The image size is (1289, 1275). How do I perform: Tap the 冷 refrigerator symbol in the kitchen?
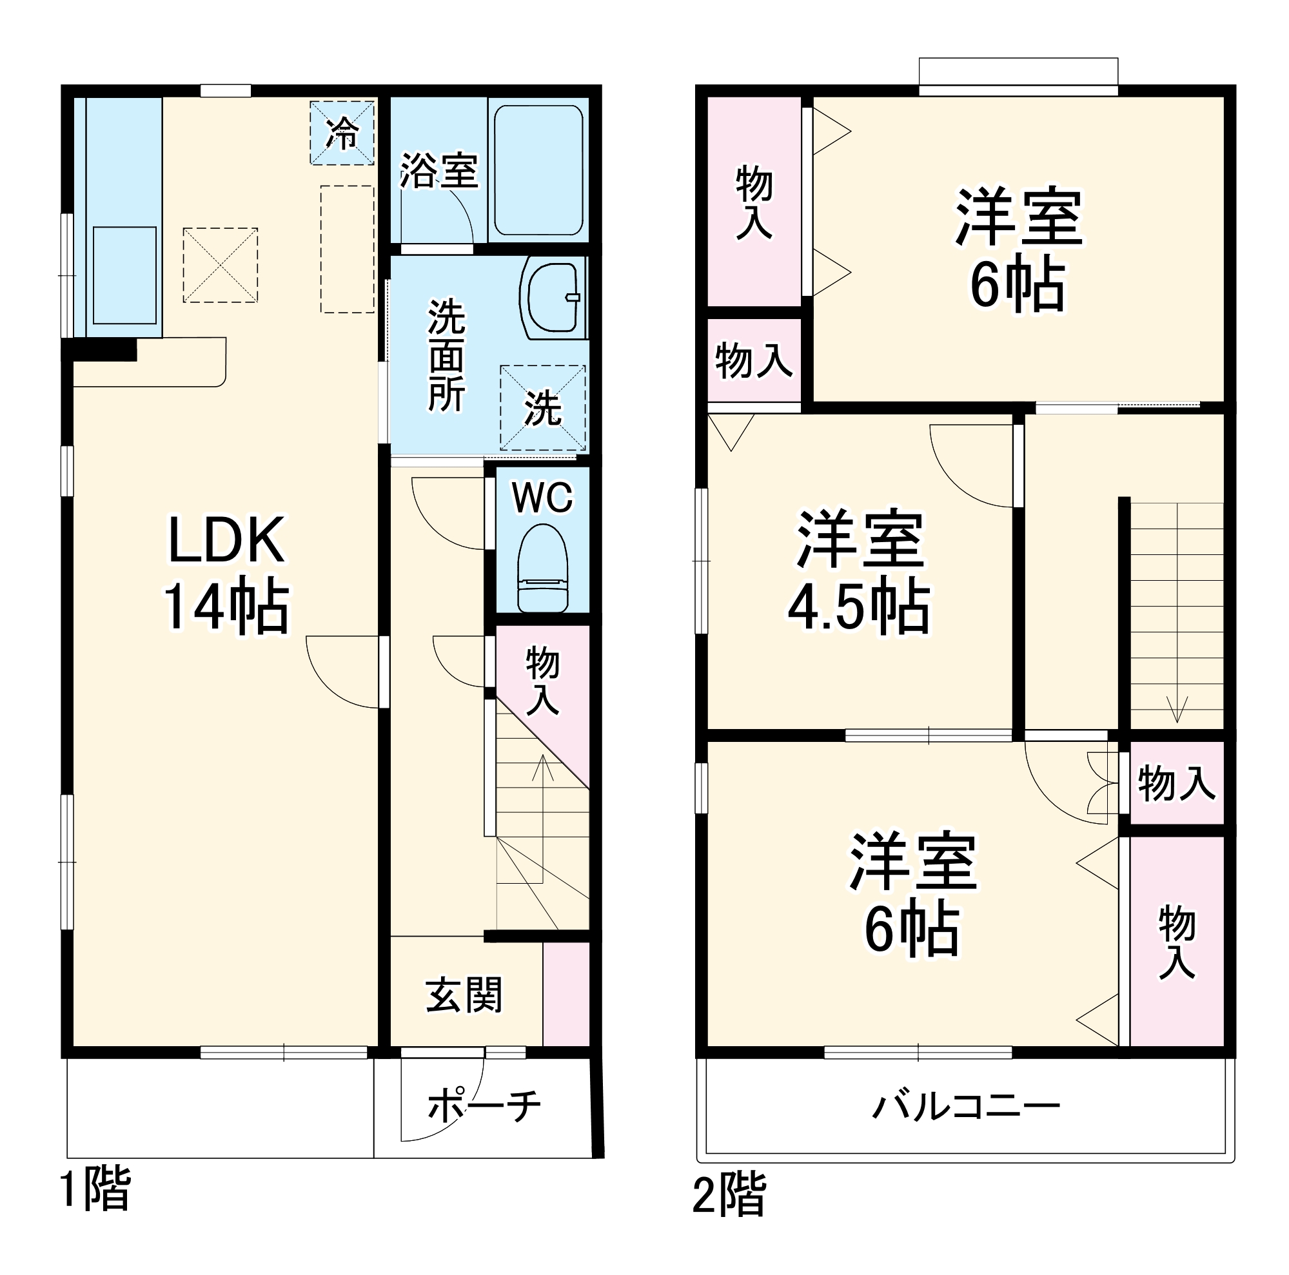coord(342,133)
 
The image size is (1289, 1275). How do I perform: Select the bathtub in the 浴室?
coord(538,170)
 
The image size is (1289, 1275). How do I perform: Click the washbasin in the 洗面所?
coord(552,298)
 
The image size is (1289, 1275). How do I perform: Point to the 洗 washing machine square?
coord(542,407)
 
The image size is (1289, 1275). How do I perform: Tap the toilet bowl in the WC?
coord(542,567)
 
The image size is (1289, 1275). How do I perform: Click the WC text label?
coord(542,498)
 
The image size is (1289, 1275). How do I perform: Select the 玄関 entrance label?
coord(464,995)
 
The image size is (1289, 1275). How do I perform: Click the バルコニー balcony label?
coord(966,1107)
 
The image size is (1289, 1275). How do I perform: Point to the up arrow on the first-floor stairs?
coord(542,767)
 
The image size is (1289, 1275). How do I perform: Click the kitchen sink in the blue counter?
coord(124,275)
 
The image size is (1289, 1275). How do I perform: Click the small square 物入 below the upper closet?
coord(754,360)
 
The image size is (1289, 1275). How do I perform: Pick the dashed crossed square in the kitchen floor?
coord(220,265)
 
